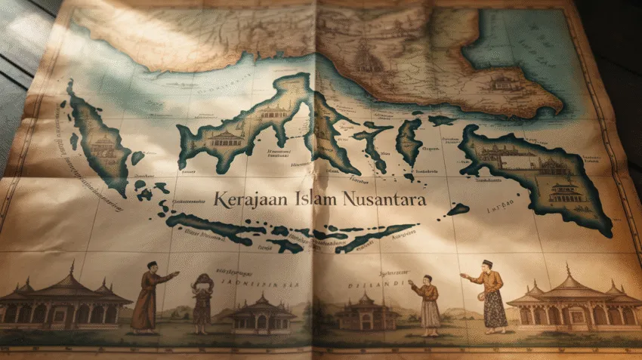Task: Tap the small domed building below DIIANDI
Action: tap(362, 311)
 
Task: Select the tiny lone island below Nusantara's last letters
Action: tap(458, 209)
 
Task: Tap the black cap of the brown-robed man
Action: tap(152, 264)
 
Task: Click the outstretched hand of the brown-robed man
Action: tap(177, 274)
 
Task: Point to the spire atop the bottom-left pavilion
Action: tap(72, 268)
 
